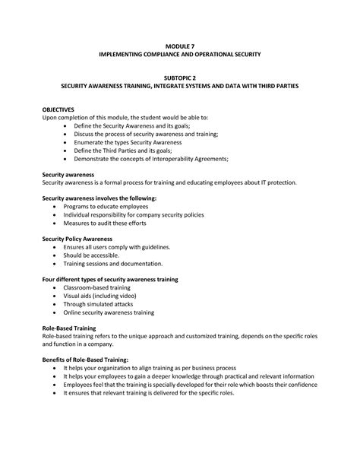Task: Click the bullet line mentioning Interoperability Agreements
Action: coord(150,159)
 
